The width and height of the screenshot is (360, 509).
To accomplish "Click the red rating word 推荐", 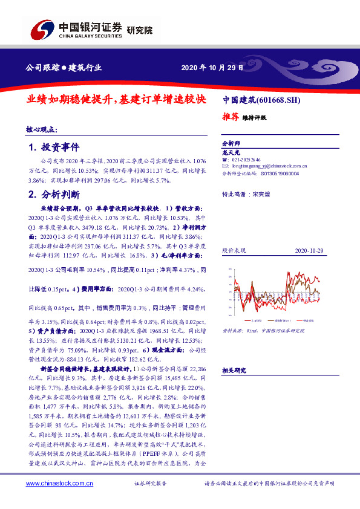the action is (x=230, y=118).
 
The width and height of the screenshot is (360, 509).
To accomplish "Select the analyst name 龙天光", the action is (x=232, y=154).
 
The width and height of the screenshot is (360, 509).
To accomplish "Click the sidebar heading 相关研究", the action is (x=233, y=369).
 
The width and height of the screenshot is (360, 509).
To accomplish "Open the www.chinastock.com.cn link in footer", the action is (x=59, y=484).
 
